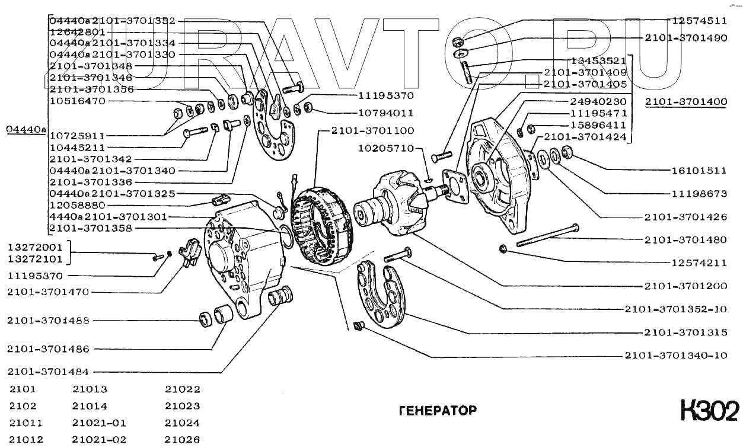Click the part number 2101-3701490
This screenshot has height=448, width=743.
point(686,37)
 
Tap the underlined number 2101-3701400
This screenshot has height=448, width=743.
point(686,102)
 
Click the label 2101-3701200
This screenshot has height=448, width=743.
point(685,286)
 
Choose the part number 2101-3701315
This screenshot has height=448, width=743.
point(685,332)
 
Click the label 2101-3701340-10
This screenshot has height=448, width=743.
point(675,356)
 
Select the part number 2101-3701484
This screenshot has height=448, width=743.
point(48,372)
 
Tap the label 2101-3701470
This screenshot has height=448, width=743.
point(48,292)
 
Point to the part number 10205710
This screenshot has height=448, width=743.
point(386,148)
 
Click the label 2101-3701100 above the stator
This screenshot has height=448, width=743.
point(364,130)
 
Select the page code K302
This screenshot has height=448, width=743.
point(710,410)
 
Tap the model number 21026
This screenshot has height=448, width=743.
point(183,440)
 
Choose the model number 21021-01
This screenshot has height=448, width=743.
point(99,423)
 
